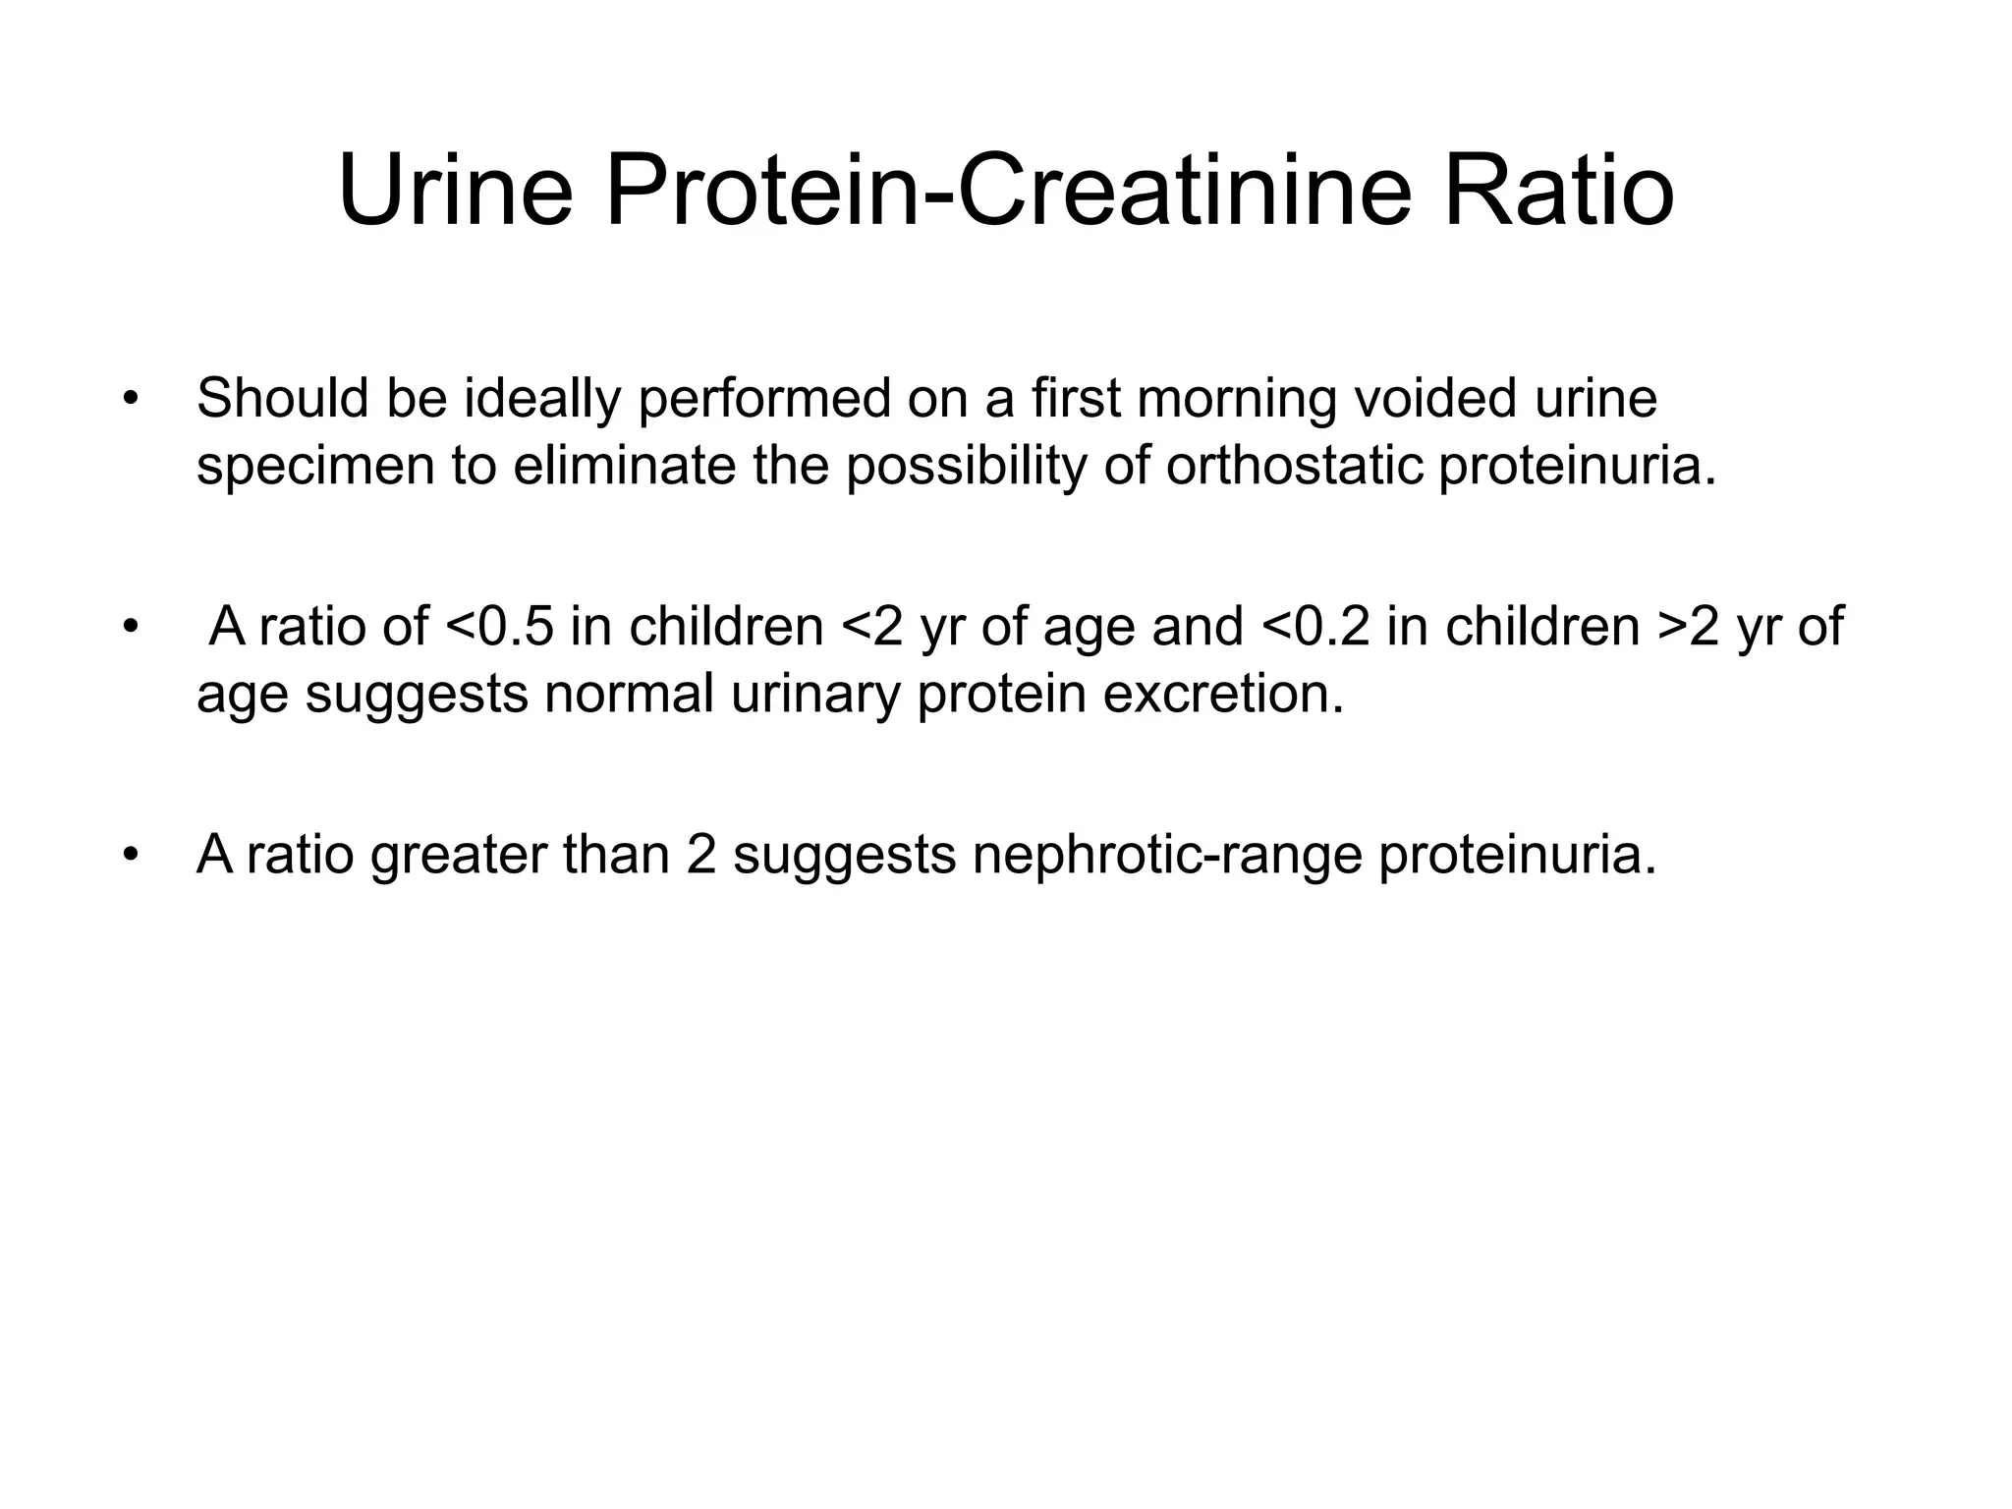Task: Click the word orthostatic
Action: tap(1294, 466)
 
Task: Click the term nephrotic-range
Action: tap(1167, 856)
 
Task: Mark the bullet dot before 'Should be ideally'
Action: tap(129, 401)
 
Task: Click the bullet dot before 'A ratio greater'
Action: tap(129, 856)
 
